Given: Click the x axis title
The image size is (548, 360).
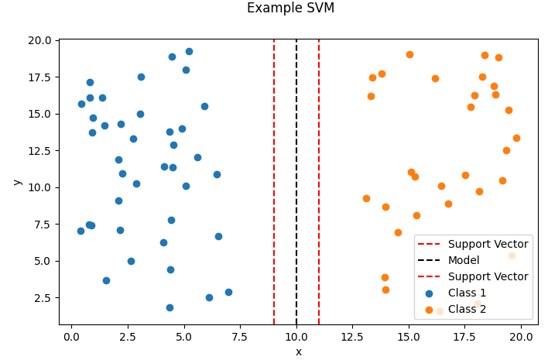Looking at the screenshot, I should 298,352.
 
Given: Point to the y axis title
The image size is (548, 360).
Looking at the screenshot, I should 17,182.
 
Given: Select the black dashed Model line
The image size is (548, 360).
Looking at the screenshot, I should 296,155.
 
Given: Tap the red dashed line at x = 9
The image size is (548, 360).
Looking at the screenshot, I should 274,155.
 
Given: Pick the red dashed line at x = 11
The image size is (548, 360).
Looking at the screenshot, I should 319,155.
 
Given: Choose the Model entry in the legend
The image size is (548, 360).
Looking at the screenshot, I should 464,260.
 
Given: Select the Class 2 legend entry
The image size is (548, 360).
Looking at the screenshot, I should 469,309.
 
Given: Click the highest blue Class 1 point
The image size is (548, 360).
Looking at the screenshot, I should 189,51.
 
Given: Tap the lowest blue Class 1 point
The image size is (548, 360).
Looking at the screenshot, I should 170,307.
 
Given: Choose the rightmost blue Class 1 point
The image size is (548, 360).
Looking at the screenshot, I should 228,292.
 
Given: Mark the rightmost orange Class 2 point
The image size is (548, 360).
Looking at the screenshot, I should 516,138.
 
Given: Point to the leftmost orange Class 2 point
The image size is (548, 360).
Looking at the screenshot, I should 366,198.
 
